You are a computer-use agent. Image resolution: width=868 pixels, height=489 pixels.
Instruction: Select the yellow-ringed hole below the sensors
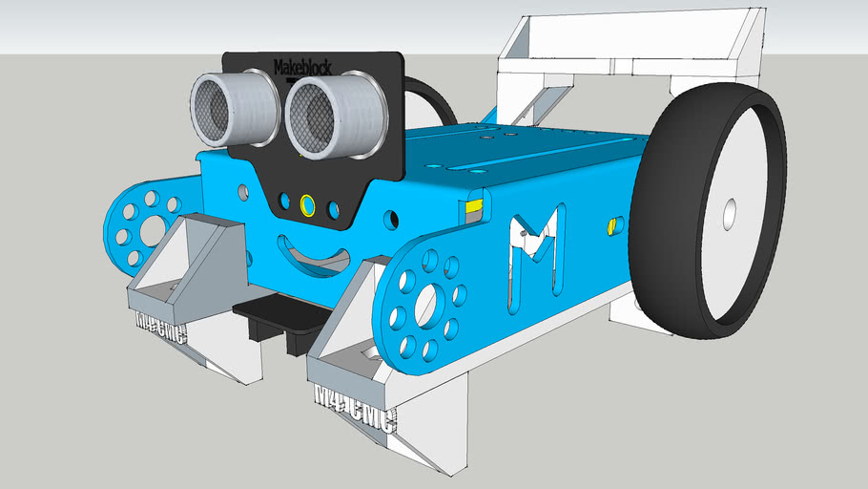[307, 204]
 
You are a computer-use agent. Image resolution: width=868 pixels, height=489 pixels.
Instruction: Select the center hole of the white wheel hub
[730, 214]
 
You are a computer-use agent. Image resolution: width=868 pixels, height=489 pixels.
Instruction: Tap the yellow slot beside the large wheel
[613, 225]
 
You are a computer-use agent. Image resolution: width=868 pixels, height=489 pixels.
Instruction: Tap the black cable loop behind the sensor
[429, 96]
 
